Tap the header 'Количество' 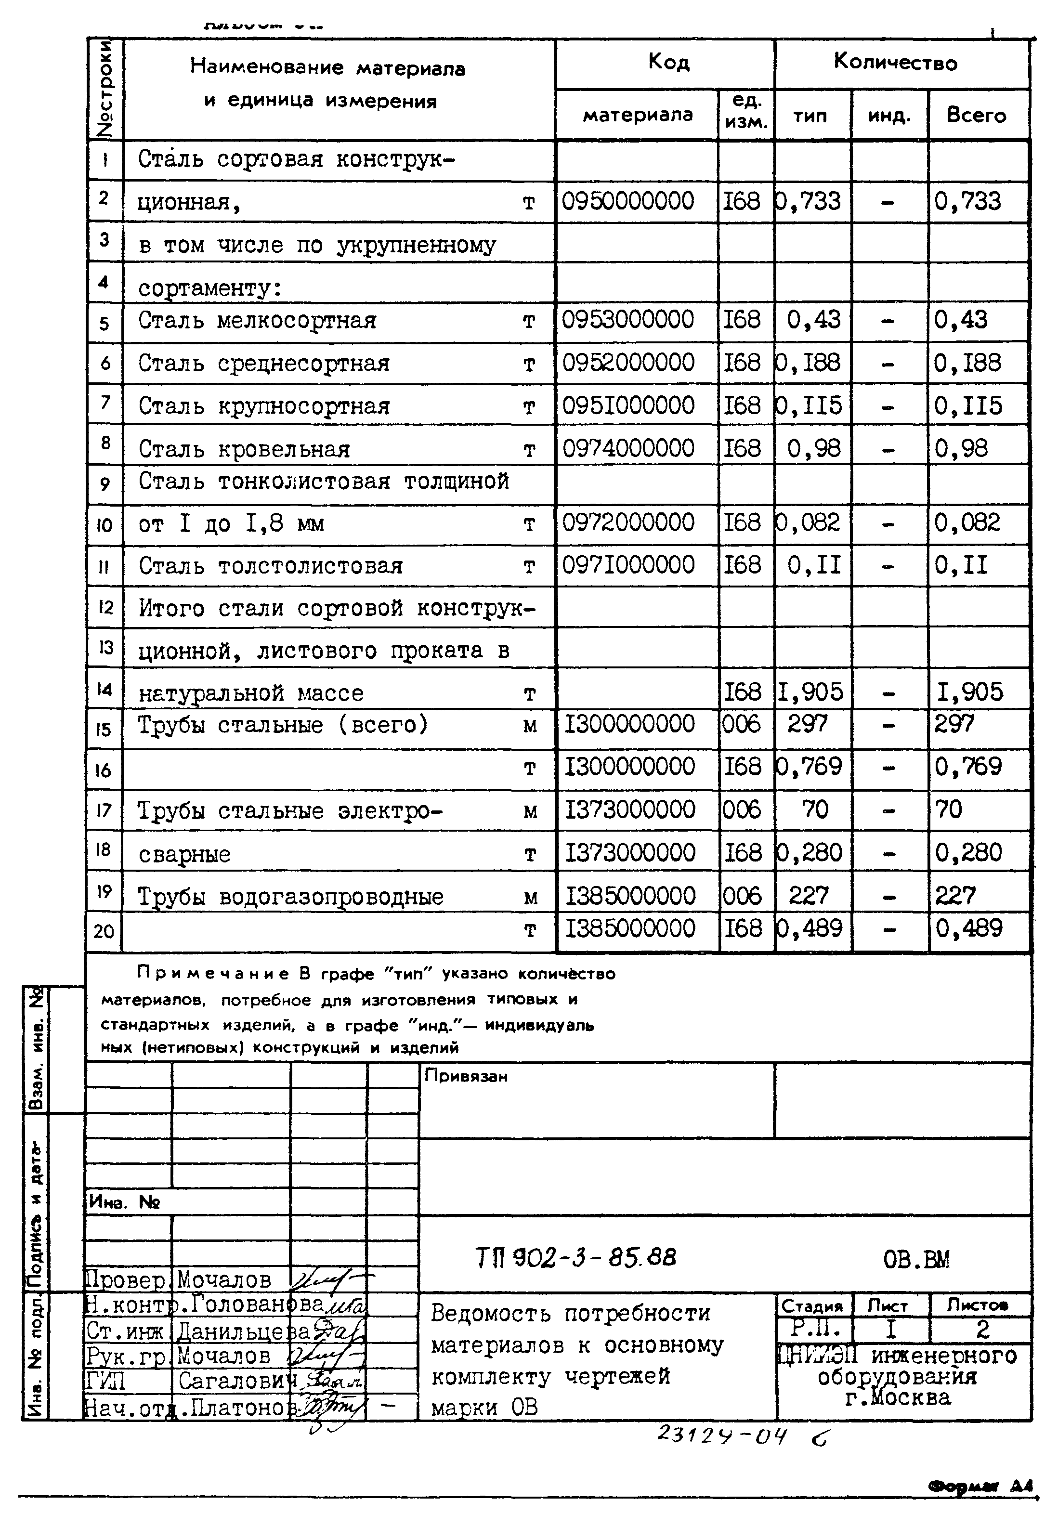click(x=895, y=63)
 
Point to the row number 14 click(x=104, y=689)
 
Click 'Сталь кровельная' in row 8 click(x=244, y=449)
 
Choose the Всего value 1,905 click(x=970, y=692)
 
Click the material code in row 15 click(x=629, y=724)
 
